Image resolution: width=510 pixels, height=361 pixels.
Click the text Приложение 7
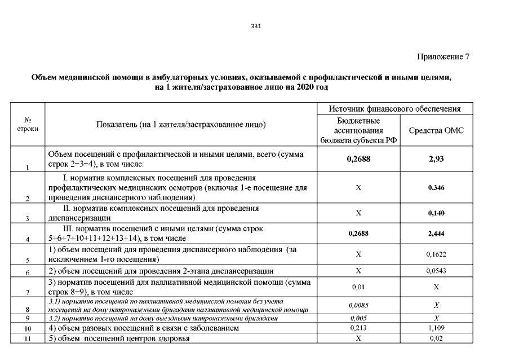[443, 57]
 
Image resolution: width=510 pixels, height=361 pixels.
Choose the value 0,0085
[358, 306]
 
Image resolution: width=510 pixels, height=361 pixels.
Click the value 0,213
[358, 328]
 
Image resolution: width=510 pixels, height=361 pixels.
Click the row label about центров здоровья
[119, 338]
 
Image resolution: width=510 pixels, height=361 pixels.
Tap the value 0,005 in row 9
[358, 318]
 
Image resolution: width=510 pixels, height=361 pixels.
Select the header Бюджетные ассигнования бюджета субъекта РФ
[358, 131]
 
